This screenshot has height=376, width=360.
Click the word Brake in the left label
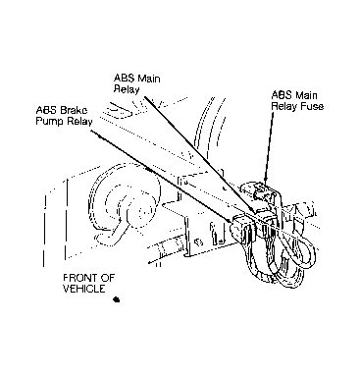click(74, 109)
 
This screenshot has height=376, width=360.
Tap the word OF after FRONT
click(108, 278)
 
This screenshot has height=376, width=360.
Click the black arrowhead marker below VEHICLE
click(116, 299)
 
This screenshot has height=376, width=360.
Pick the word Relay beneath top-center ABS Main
click(127, 89)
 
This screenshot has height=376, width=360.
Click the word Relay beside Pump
click(79, 122)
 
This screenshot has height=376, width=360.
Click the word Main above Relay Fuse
click(306, 95)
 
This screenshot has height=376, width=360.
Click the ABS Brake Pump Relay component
click(242, 228)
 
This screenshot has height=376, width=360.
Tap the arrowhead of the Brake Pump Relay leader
click(230, 220)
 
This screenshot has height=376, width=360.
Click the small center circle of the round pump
click(142, 211)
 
